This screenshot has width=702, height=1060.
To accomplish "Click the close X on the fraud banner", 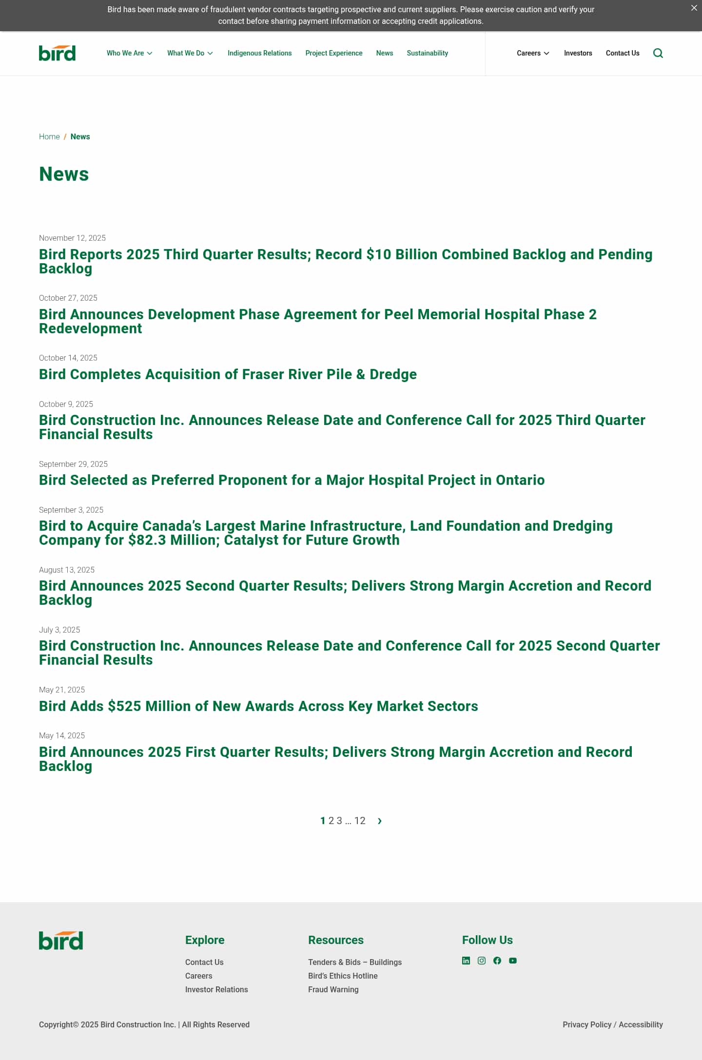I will pyautogui.click(x=694, y=8).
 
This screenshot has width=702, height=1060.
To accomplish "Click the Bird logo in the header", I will pyautogui.click(x=57, y=53).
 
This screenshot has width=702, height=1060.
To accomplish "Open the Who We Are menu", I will pyautogui.click(x=129, y=53).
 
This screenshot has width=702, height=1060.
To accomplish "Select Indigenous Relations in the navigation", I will pyautogui.click(x=259, y=53).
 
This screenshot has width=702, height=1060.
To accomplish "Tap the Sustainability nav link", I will pyautogui.click(x=427, y=53).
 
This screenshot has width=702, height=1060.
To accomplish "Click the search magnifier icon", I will pyautogui.click(x=658, y=53).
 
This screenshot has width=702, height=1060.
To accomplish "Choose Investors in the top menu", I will pyautogui.click(x=578, y=53).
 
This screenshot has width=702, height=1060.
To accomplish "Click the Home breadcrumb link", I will pyautogui.click(x=49, y=136).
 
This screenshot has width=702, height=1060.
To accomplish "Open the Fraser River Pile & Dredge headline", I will pyautogui.click(x=228, y=374).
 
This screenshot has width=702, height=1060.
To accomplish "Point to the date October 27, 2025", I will pyautogui.click(x=68, y=298).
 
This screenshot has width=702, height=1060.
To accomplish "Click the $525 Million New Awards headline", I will pyautogui.click(x=258, y=706).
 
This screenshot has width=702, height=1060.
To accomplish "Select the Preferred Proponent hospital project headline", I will pyautogui.click(x=292, y=480).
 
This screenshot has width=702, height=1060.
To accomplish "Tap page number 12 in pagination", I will pyautogui.click(x=360, y=821).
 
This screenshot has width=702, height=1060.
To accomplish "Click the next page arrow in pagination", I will pyautogui.click(x=380, y=821).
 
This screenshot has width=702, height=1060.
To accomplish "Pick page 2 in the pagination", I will pyautogui.click(x=331, y=821).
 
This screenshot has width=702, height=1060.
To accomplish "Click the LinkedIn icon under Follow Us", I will pyautogui.click(x=466, y=961).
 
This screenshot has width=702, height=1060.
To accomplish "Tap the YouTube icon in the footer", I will pyautogui.click(x=513, y=961).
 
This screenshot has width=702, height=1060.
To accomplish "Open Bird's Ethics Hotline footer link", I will pyautogui.click(x=343, y=976).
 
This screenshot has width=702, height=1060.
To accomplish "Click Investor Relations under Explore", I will pyautogui.click(x=216, y=989).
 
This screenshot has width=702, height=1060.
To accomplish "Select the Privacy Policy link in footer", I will pyautogui.click(x=587, y=1024).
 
